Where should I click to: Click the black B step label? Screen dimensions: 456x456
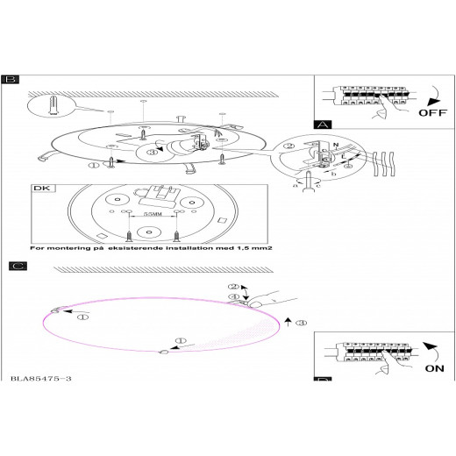click(11, 80)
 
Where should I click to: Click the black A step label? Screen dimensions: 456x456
click(323, 125)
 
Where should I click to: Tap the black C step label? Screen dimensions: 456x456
click(18, 266)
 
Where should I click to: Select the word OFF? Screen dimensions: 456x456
click(432, 113)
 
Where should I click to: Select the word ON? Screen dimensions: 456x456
click(435, 368)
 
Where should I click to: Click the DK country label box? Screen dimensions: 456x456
click(43, 189)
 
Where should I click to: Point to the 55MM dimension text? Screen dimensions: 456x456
click(153, 214)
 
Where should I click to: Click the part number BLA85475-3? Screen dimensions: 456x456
click(41, 379)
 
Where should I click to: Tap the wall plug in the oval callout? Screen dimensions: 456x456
click(53, 105)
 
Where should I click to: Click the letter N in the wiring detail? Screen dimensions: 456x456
click(336, 145)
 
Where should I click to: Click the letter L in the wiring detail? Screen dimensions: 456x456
click(344, 157)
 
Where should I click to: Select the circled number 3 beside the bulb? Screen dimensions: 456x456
click(153, 152)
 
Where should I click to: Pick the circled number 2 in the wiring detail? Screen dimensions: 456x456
click(289, 146)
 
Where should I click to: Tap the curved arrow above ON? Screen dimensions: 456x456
click(431, 352)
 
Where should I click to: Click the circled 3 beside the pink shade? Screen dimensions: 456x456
click(302, 323)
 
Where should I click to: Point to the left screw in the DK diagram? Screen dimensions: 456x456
click(129, 236)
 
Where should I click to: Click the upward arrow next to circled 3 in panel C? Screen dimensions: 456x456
click(289, 322)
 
